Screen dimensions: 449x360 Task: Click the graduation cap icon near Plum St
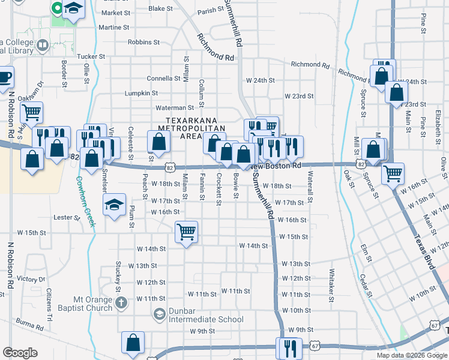point(114,206)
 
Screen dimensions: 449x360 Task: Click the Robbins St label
point(143,43)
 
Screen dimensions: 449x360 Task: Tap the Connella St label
point(164,79)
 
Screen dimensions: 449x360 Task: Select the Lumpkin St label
point(140,94)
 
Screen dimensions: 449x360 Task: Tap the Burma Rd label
point(30,328)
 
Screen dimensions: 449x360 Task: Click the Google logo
point(20,353)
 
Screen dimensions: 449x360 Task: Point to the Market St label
point(116,13)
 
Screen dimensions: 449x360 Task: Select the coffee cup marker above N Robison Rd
point(4,77)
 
